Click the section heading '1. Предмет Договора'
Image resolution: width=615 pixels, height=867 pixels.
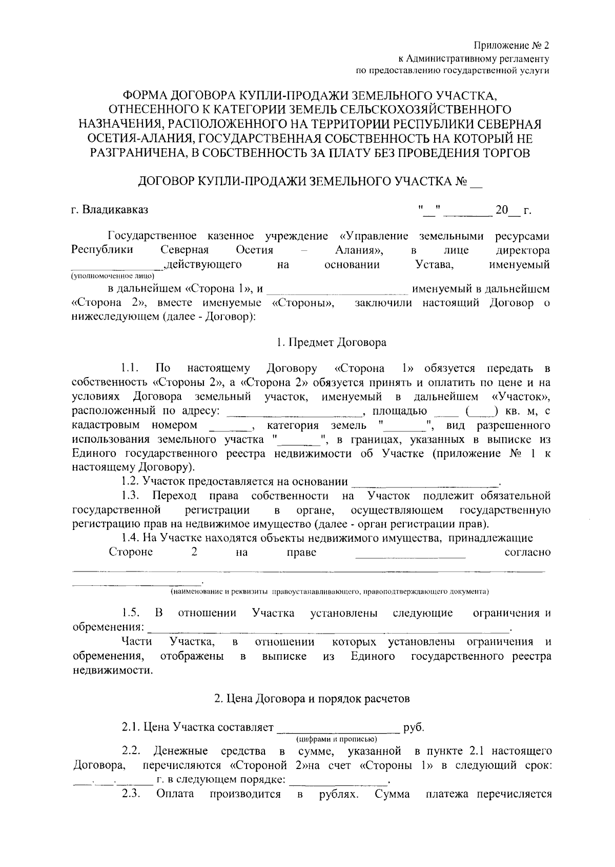point(331,342)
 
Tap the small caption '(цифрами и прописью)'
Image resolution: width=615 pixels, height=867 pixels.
point(336,739)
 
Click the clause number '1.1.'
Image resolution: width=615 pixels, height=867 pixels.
point(130,368)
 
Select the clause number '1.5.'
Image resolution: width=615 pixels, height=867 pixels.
point(130,613)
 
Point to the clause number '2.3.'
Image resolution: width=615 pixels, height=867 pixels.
point(131,794)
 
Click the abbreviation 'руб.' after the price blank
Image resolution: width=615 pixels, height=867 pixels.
point(414,727)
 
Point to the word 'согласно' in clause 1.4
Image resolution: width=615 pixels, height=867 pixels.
point(527,552)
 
